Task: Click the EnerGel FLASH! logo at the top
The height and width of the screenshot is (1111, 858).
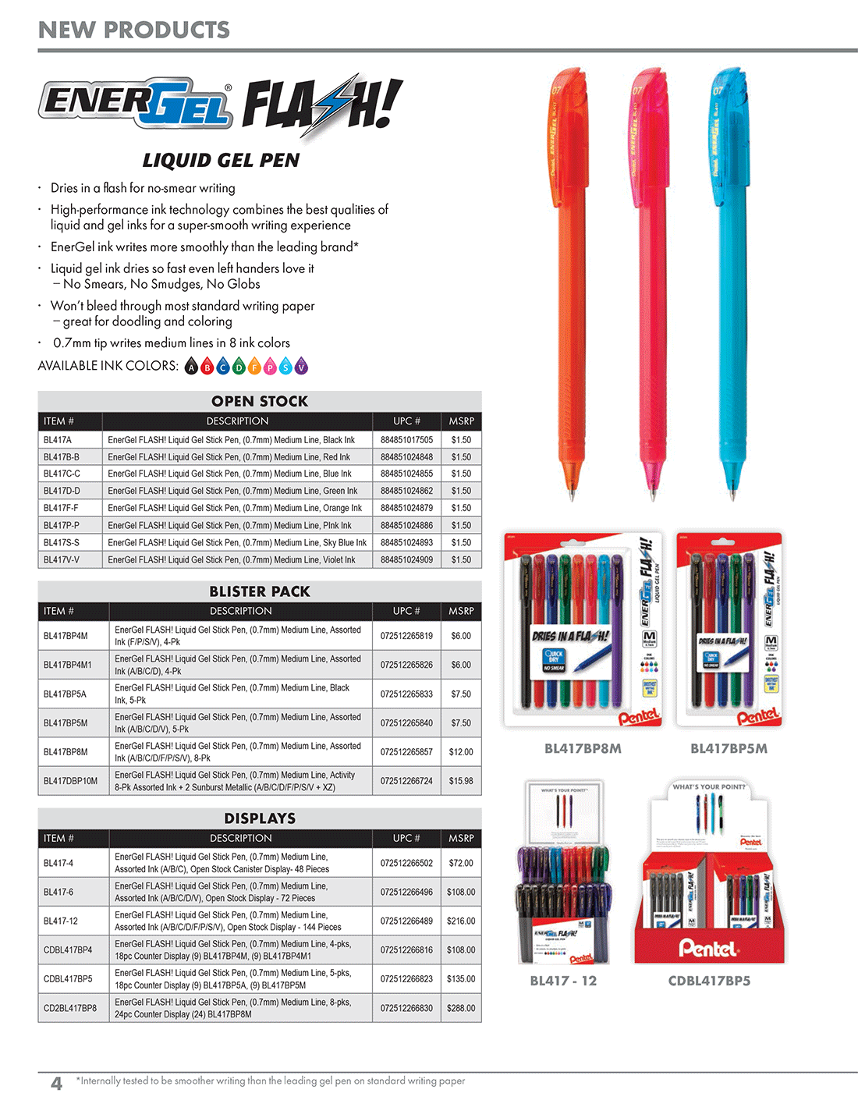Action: (x=221, y=107)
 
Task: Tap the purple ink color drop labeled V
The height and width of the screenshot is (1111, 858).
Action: (x=301, y=366)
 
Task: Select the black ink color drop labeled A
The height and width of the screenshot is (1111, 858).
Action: (x=192, y=366)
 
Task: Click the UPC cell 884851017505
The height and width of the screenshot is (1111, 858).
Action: (x=406, y=440)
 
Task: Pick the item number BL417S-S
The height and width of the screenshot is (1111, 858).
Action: (x=62, y=542)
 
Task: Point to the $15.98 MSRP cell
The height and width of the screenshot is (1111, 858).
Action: (x=461, y=781)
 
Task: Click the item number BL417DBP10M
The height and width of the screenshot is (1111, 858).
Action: (x=71, y=781)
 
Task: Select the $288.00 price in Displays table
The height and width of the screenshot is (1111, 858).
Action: (x=461, y=1008)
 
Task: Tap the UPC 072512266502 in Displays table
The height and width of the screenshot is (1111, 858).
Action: (x=406, y=863)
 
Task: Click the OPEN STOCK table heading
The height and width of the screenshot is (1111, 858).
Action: (x=260, y=401)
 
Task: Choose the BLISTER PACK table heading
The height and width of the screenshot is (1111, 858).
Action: (x=260, y=591)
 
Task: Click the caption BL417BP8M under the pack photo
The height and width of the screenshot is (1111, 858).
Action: (x=583, y=749)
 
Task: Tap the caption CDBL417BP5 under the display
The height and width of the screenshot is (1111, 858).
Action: (x=709, y=981)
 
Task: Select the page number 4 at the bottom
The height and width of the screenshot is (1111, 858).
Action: (x=56, y=1083)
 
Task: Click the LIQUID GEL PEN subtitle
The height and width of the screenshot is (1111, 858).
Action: (x=221, y=161)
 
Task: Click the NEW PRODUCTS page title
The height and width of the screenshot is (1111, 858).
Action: (x=134, y=30)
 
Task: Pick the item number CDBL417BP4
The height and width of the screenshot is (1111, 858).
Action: (x=68, y=949)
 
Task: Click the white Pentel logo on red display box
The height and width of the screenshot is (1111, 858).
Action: (x=707, y=948)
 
